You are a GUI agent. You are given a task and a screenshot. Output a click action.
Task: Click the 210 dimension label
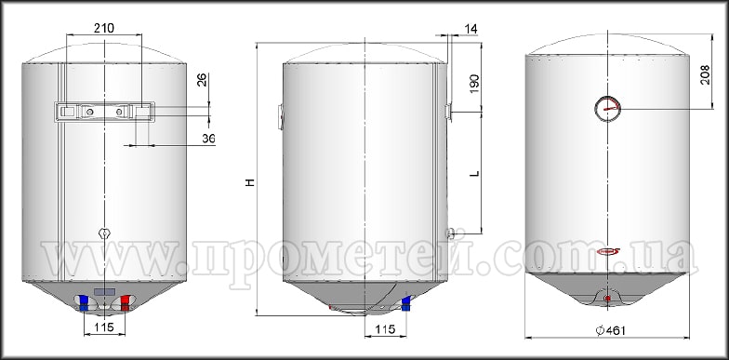pyautogui.click(x=104, y=28)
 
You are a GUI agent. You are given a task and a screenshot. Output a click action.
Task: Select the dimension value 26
pyautogui.click(x=202, y=79)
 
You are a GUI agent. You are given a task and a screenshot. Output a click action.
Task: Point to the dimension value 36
pyautogui.click(x=208, y=138)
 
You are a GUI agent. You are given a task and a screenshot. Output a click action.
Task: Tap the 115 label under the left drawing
pyautogui.click(x=104, y=327)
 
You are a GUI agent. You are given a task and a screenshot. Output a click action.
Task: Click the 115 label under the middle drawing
pyautogui.click(x=385, y=329)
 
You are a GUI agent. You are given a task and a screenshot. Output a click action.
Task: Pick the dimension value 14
pyautogui.click(x=471, y=29)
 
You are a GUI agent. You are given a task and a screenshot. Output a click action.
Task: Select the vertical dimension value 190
pyautogui.click(x=474, y=84)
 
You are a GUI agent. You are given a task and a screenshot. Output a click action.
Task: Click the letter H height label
pyautogui.click(x=251, y=182)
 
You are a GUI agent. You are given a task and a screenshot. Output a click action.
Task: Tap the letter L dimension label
pyautogui.click(x=474, y=173)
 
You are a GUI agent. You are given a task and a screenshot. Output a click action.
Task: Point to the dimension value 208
pyautogui.click(x=705, y=74)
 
